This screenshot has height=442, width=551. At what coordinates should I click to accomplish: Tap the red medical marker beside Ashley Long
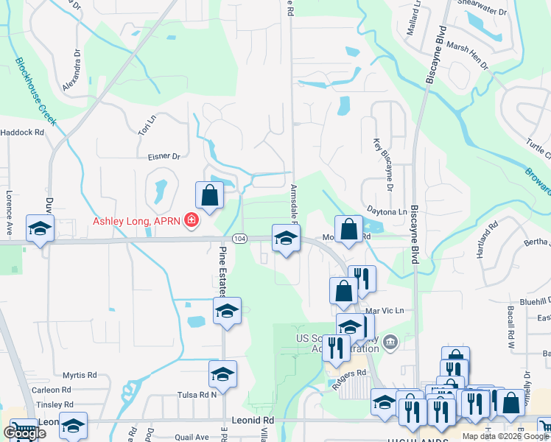click(x=191, y=220)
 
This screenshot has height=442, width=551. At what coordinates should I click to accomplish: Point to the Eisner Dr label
click(x=164, y=156)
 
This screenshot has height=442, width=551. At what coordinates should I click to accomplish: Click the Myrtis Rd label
click(x=80, y=375)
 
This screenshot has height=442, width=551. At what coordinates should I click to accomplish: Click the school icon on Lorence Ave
click(x=40, y=228)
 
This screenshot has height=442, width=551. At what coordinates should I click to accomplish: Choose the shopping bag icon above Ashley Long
click(x=209, y=195)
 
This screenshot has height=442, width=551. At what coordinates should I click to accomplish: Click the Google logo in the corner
click(x=24, y=433)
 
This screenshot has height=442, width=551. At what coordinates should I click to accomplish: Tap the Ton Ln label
click(x=147, y=123)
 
